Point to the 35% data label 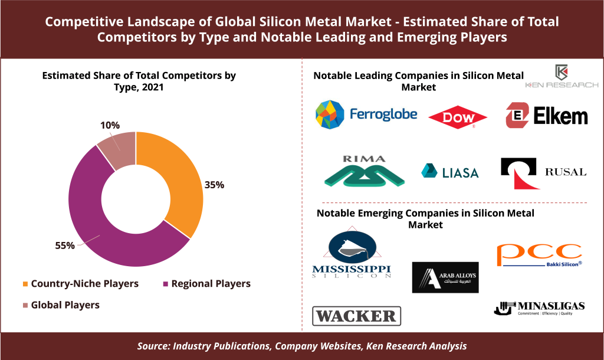(214, 185)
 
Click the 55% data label (65, 245)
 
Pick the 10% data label (110, 125)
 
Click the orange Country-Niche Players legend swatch (25, 284)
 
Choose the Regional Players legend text (211, 284)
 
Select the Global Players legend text (65, 305)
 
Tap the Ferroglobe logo (366, 114)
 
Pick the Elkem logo (546, 114)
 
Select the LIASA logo (450, 171)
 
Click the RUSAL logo (543, 172)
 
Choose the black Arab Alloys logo (445, 277)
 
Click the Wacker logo (356, 316)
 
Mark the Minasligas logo (539, 307)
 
